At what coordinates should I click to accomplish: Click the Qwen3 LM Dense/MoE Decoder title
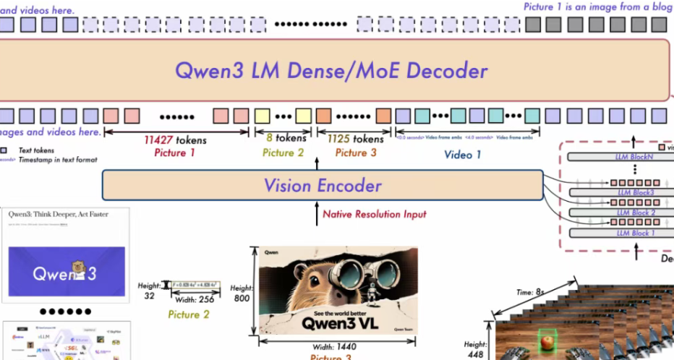(331, 71)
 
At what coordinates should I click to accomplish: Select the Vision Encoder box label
(322, 186)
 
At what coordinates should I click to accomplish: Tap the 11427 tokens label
(175, 140)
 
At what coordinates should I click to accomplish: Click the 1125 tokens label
(355, 139)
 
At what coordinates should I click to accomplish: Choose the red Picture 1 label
(174, 153)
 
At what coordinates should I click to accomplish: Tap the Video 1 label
(463, 155)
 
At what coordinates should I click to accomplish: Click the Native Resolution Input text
(374, 214)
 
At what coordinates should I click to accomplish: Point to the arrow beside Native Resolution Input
(315, 214)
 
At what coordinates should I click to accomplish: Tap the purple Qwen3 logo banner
(67, 273)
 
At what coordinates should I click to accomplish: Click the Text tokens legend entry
(36, 150)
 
